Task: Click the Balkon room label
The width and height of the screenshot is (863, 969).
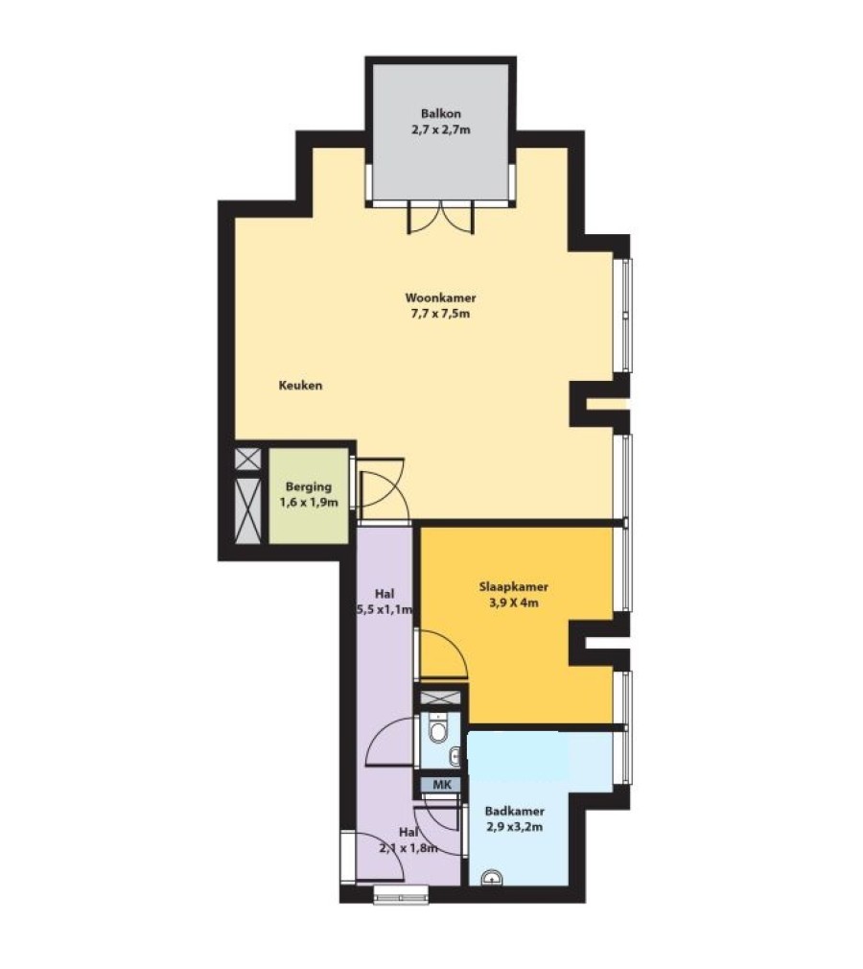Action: coord(440,114)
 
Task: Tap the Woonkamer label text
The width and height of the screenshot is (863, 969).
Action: coord(440,297)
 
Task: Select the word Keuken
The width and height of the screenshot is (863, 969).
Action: coord(300,386)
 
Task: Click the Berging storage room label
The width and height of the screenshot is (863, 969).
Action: coord(308,487)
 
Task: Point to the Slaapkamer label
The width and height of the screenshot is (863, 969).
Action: coord(513,587)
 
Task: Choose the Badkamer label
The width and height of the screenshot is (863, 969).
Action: coord(515,812)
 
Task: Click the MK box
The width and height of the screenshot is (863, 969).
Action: coord(441,785)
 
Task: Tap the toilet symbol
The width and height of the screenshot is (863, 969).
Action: coord(439,729)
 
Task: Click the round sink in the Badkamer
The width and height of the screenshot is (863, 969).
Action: coord(492,878)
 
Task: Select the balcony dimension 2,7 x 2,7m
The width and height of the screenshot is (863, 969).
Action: coord(440,130)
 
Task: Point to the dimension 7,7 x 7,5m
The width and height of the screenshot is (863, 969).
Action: coord(440,314)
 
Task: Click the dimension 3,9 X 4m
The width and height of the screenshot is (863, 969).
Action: coord(513,603)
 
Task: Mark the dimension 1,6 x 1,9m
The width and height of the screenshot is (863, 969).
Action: coord(308,503)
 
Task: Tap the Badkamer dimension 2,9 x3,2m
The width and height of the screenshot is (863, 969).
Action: coord(515,827)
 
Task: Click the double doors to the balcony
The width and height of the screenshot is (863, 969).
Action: coord(440,218)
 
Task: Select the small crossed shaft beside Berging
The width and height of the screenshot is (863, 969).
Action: coord(248,460)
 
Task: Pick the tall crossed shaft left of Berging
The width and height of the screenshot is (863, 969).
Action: coord(248,510)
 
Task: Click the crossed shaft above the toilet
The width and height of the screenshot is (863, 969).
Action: coord(440,698)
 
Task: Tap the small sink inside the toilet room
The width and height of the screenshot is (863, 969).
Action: coord(455,755)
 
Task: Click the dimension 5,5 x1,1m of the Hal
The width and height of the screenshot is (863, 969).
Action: coord(385,610)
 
